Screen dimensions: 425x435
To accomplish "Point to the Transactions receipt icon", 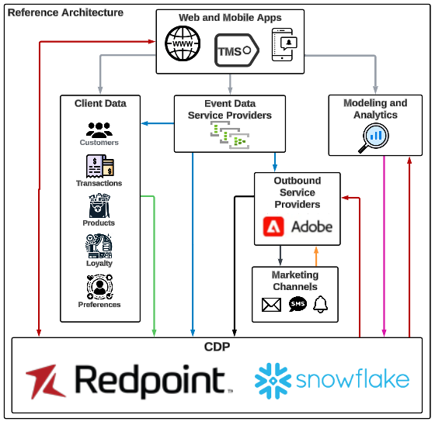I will pyautogui.click(x=99, y=167).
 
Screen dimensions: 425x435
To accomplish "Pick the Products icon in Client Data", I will pyautogui.click(x=99, y=206).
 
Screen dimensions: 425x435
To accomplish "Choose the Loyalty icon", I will pyautogui.click(x=99, y=246).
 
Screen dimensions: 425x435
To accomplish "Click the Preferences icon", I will pyautogui.click(x=99, y=287).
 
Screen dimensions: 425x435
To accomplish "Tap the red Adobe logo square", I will pyautogui.click(x=273, y=226).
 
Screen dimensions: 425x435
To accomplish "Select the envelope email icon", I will pyautogui.click(x=271, y=305).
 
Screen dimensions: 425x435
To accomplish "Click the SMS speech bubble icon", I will pyautogui.click(x=298, y=305).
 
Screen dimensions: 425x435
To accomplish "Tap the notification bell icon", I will pyautogui.click(x=321, y=305).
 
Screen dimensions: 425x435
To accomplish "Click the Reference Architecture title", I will pyautogui.click(x=65, y=12).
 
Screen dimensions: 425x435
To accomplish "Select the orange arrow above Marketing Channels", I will pyautogui.click(x=315, y=256).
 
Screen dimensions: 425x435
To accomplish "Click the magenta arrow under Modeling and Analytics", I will pyautogui.click(x=385, y=248).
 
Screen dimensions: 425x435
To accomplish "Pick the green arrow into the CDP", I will pyautogui.click(x=155, y=264).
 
